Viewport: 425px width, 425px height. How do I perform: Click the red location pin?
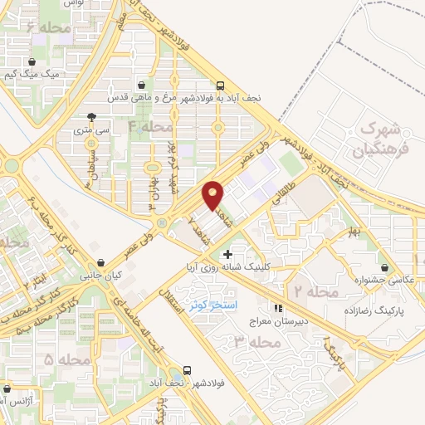click(213, 194)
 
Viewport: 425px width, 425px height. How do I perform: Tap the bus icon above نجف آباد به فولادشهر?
click(219, 85)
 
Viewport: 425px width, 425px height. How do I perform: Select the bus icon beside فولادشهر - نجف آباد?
click(188, 370)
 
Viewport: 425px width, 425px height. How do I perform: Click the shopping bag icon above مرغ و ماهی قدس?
click(142, 85)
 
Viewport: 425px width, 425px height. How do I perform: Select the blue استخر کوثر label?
click(208, 306)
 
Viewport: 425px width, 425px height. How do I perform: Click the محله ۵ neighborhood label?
click(66, 359)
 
